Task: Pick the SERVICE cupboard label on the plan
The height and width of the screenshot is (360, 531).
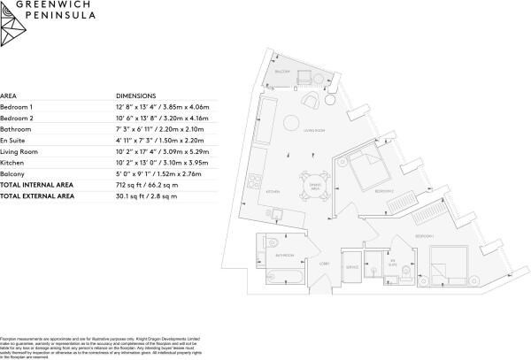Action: coord(351,266)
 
